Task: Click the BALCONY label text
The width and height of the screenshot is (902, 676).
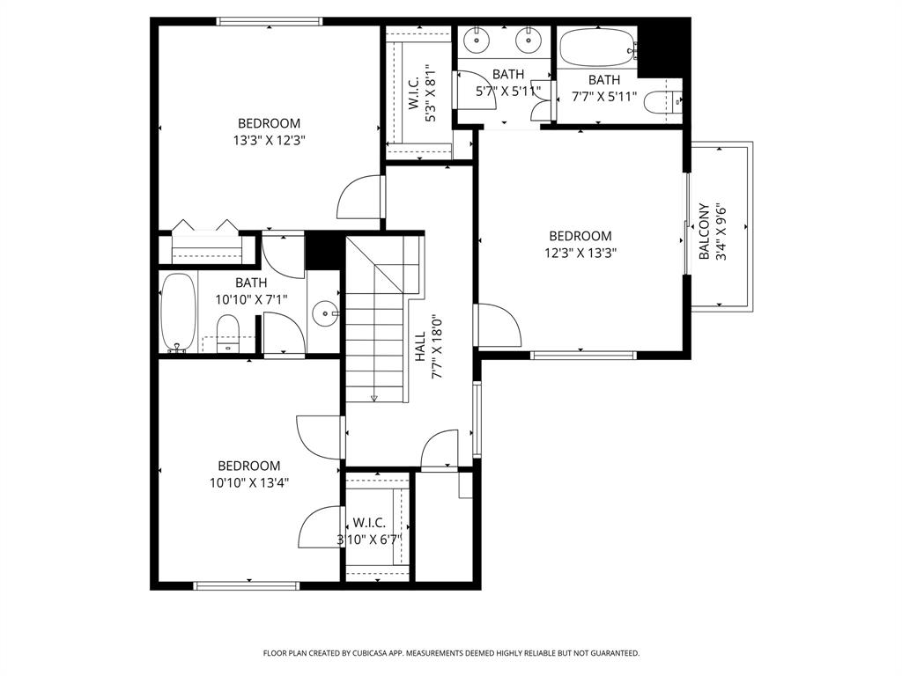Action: click(704, 232)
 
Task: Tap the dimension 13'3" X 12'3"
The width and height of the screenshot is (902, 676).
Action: click(269, 139)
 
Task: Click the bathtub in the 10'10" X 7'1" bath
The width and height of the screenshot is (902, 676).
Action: click(178, 312)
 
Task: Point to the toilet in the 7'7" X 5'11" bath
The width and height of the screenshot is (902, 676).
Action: click(663, 103)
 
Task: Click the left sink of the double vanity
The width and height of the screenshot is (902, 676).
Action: click(477, 40)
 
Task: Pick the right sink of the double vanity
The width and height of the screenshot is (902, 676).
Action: click(527, 40)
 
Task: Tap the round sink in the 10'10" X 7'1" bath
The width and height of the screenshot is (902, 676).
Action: click(327, 312)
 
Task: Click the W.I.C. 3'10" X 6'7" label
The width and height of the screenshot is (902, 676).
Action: click(370, 531)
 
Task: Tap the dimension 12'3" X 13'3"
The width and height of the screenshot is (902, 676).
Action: click(580, 253)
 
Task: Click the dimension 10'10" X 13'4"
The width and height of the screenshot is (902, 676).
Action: click(249, 482)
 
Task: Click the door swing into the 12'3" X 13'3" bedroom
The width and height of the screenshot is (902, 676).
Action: click(499, 326)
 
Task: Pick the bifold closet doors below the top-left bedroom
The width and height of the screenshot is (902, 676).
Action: click(204, 226)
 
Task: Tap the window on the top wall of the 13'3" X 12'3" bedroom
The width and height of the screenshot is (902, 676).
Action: click(269, 22)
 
